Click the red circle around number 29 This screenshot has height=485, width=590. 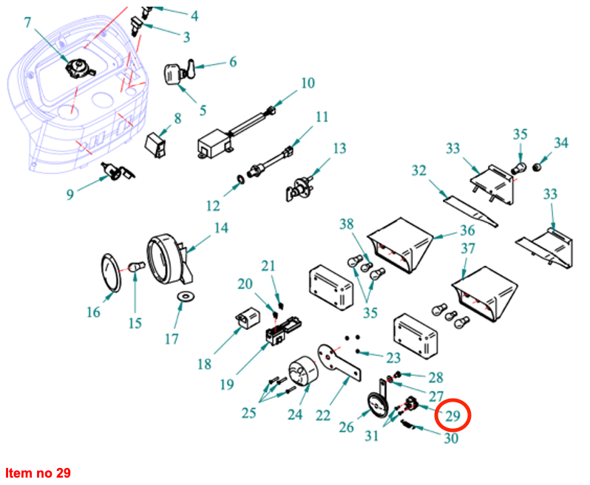coord(453,416)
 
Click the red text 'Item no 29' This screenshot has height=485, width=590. coord(38,472)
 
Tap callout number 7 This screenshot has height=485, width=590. coord(28,22)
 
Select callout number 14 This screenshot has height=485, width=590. coord(221,228)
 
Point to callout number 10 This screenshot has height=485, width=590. coord(307,83)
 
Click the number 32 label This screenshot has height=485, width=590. coord(419,171)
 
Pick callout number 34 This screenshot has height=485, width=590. coord(561,142)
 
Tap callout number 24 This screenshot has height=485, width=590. coord(295,414)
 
